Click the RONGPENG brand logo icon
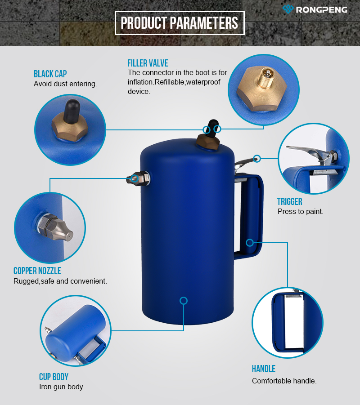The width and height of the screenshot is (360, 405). pyautogui.click(x=288, y=9)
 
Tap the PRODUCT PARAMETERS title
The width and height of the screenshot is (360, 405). pyautogui.click(x=180, y=23)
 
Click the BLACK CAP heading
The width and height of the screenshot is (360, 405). pyautogui.click(x=50, y=74)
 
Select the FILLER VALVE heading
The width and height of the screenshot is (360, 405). pyautogui.click(x=148, y=63)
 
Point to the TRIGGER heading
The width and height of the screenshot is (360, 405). pyautogui.click(x=290, y=201)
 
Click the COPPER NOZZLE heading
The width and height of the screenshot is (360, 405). pyautogui.click(x=37, y=271)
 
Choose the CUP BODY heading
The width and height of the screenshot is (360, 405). pyautogui.click(x=54, y=377)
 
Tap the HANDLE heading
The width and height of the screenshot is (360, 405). pyautogui.click(x=264, y=369)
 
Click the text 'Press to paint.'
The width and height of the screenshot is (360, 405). pyautogui.click(x=300, y=212)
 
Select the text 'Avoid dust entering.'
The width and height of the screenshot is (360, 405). pyautogui.click(x=65, y=84)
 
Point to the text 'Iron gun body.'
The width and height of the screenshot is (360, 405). pyautogui.click(x=62, y=387)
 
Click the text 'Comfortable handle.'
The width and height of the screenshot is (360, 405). pyautogui.click(x=284, y=381)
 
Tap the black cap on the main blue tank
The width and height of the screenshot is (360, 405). pyautogui.click(x=213, y=127)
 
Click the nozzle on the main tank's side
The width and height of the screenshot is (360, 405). pyautogui.click(x=137, y=178)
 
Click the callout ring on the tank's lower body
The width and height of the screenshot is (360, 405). pyautogui.click(x=183, y=301)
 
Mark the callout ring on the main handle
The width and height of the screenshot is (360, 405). pyautogui.click(x=250, y=243)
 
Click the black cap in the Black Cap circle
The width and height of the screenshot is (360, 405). pyautogui.click(x=72, y=111)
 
